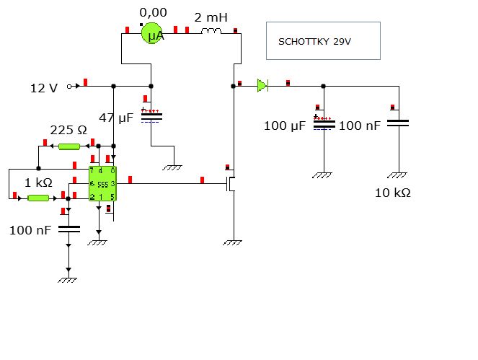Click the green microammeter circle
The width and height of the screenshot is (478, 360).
[151, 33]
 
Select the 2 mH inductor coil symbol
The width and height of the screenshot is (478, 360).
[211, 31]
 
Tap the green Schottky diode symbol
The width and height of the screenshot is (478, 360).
[262, 86]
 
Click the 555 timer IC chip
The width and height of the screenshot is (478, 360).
[102, 184]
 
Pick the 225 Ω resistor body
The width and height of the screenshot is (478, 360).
[69, 146]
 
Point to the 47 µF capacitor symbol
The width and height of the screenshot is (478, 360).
[151, 115]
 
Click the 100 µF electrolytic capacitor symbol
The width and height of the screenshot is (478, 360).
[324, 122]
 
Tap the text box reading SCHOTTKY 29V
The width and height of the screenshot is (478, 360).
[322, 41]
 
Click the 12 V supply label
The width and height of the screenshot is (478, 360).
[43, 88]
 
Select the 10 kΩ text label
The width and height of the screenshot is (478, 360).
[393, 193]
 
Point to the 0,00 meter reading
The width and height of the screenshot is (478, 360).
[153, 12]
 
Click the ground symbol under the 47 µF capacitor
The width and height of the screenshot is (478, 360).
[172, 167]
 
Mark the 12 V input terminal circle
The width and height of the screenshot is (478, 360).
[69, 87]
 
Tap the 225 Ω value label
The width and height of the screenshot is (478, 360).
[68, 131]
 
